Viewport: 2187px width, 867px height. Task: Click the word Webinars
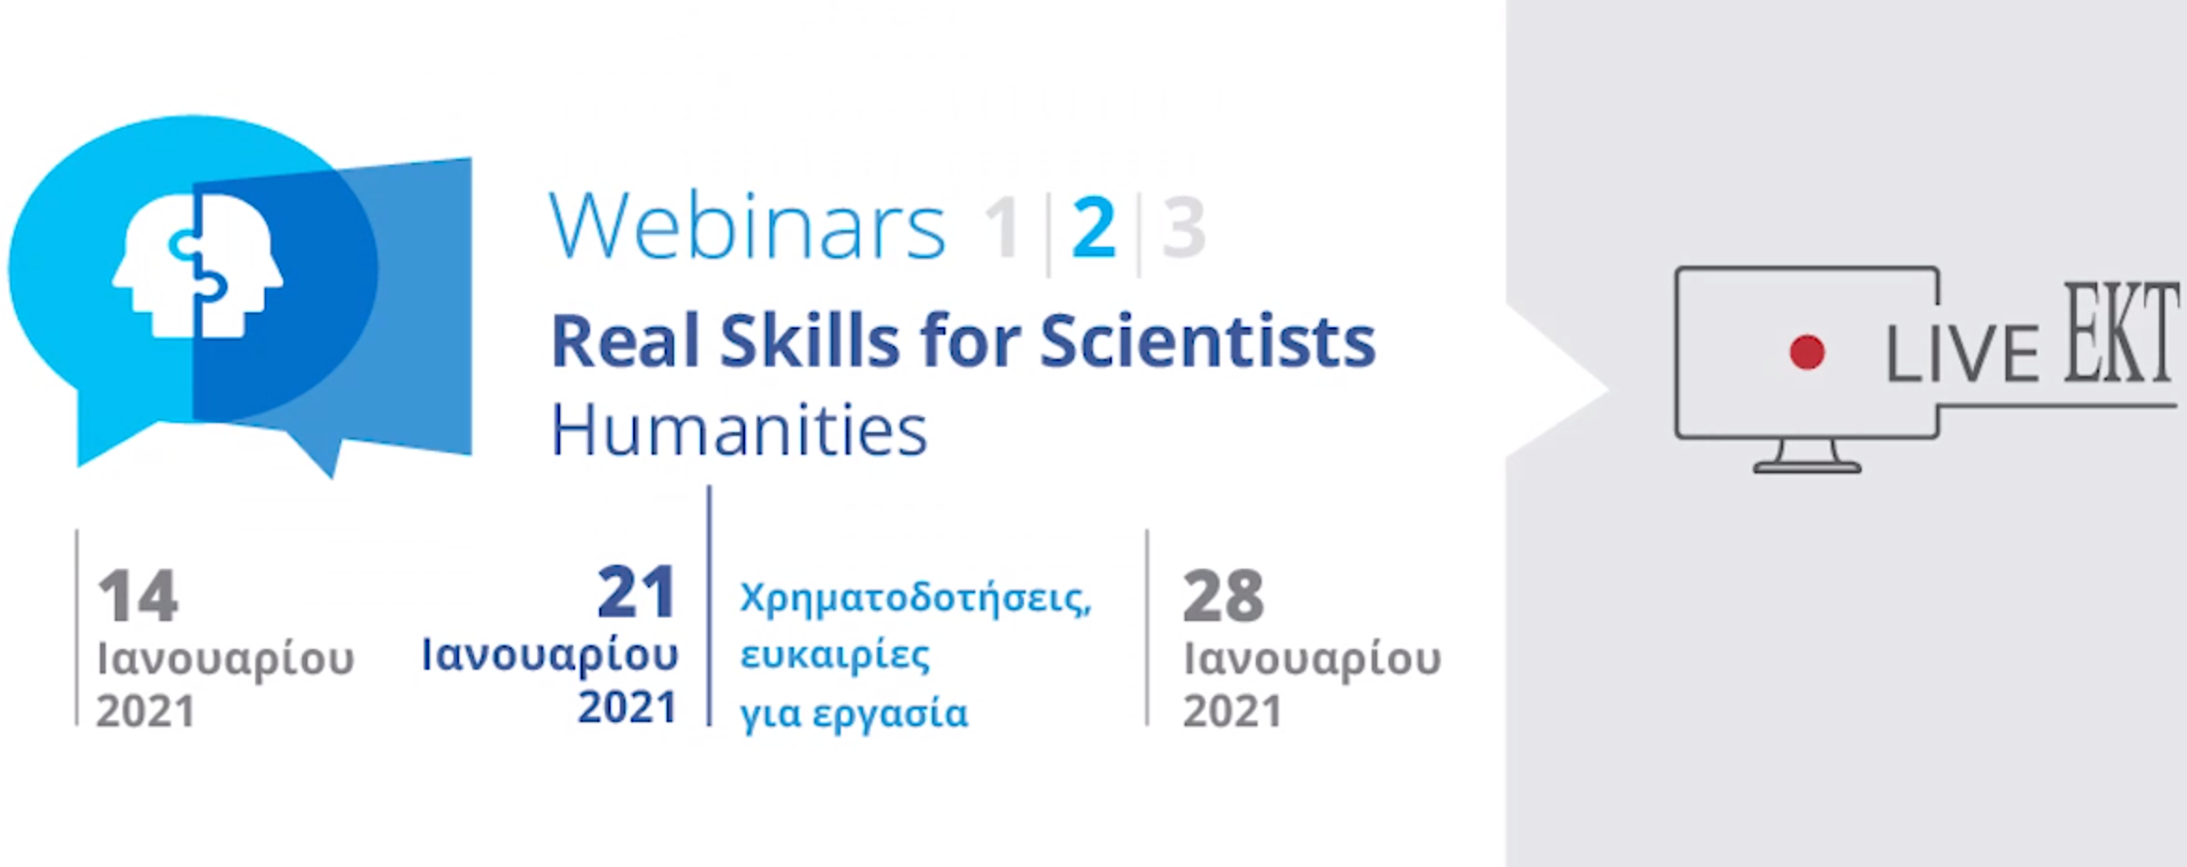pos(747,226)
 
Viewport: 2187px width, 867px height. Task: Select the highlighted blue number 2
pos(1094,227)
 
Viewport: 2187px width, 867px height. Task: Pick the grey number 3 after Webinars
pos(1184,227)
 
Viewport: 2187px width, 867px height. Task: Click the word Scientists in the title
pos(1207,340)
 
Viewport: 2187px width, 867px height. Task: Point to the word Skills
pos(810,340)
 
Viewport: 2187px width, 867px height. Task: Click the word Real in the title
pos(625,340)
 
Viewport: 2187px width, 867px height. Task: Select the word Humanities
pos(739,430)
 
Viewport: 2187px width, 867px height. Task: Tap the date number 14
pos(137,596)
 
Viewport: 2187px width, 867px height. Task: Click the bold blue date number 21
pos(637,592)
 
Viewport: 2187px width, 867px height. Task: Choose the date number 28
pos(1223,596)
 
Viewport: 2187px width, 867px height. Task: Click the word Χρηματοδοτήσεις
pos(915,599)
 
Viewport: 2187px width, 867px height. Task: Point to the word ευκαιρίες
pos(835,655)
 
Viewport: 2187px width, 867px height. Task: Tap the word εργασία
pos(889,715)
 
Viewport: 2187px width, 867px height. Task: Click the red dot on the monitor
pos(1806,353)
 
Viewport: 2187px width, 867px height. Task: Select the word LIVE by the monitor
pos(1962,354)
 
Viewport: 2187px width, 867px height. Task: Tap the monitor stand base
pos(1806,468)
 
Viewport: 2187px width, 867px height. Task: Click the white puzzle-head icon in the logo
pos(197,265)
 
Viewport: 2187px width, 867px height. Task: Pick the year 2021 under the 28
pos(1231,712)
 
